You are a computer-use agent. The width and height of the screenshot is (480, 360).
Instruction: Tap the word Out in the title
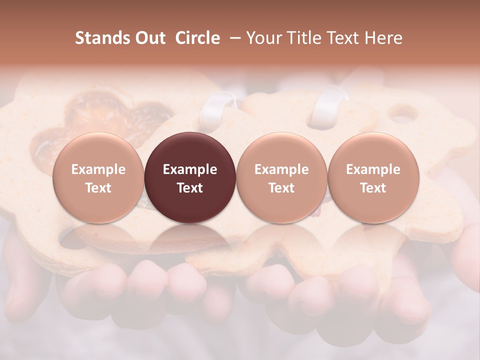148,38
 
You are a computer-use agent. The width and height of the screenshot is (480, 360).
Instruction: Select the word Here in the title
383,38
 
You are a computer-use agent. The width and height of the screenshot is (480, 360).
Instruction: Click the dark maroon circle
189,150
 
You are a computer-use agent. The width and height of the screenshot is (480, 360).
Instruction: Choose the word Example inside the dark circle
190,169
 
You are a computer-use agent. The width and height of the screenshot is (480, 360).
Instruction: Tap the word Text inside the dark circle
190,188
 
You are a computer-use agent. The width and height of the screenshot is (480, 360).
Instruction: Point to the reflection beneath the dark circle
189,240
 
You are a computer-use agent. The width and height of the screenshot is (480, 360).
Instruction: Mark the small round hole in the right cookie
403,114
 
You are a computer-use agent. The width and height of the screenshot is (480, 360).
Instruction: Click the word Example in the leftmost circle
98,169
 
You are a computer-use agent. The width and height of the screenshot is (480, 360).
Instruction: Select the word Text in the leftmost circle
98,188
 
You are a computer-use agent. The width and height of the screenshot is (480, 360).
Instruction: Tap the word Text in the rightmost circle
373,188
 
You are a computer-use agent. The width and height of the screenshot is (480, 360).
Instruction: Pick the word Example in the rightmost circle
373,169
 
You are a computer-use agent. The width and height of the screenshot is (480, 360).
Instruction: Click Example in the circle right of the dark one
281,169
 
